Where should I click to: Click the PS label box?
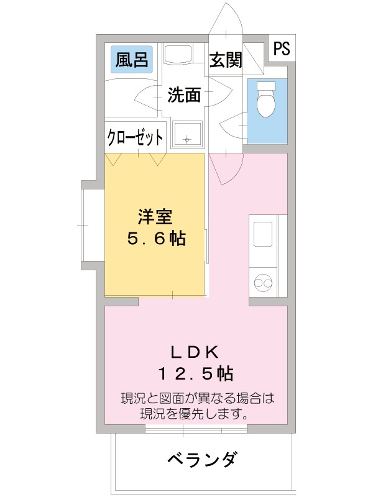pos(282,49)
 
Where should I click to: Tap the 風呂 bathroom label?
pos(131,60)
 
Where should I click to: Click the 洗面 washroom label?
pos(185,95)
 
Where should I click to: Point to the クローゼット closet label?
pos(136,137)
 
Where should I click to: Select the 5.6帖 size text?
pos(155,239)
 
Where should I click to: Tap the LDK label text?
pos(194,352)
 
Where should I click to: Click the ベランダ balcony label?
pos(201,460)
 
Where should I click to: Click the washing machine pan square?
pos(187,135)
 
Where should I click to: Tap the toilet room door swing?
pos(233,127)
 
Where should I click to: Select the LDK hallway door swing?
pos(222,168)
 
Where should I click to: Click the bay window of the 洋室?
pos(88,224)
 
